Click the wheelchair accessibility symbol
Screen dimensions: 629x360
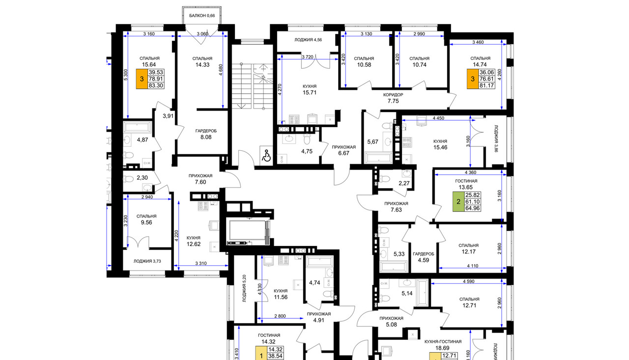266,156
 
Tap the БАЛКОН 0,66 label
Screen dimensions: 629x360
202,16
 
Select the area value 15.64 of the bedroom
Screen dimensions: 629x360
149,64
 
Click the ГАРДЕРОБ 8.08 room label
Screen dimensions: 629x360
206,134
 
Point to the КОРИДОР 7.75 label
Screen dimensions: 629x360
393,98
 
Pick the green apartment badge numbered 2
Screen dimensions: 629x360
458,201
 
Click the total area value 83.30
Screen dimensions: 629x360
156,85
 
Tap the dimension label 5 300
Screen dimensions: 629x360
125,75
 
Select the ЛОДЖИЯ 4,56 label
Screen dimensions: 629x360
308,40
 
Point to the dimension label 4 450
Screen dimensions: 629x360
438,118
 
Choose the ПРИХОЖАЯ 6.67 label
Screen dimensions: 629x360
343,150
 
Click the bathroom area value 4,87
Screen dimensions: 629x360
143,140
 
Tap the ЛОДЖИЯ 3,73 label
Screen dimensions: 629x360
147,261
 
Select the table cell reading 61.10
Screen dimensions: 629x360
472,201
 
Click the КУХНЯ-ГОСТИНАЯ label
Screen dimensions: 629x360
443,341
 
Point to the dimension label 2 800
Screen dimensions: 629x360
280,316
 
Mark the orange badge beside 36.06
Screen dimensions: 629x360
473,79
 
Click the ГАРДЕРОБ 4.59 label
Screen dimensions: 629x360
424,257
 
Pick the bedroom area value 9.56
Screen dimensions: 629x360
146,222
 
